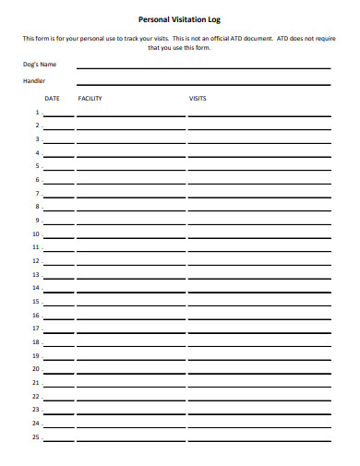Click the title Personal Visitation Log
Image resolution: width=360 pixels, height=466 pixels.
[x=179, y=18]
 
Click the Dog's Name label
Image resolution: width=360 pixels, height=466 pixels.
[x=40, y=65]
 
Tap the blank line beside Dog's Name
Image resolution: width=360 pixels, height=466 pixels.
[x=203, y=67]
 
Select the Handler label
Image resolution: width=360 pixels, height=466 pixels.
[x=33, y=81]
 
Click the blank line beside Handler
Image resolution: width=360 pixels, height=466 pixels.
[x=203, y=84]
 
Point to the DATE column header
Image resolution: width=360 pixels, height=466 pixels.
[x=53, y=98]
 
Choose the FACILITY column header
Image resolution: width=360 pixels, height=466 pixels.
[x=90, y=98]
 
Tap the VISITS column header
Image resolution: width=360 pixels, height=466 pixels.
[x=198, y=98]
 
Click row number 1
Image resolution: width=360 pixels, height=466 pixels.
[x=38, y=112]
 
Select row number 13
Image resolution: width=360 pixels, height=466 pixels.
[x=36, y=274]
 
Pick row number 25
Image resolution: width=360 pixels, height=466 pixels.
[x=36, y=436]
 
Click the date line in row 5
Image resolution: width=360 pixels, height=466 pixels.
[x=59, y=169]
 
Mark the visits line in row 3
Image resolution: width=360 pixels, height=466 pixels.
[x=258, y=141]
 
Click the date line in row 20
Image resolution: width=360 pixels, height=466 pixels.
[x=59, y=371]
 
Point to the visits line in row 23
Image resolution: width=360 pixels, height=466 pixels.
[x=258, y=412]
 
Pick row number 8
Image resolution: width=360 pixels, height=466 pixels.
[x=38, y=207]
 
